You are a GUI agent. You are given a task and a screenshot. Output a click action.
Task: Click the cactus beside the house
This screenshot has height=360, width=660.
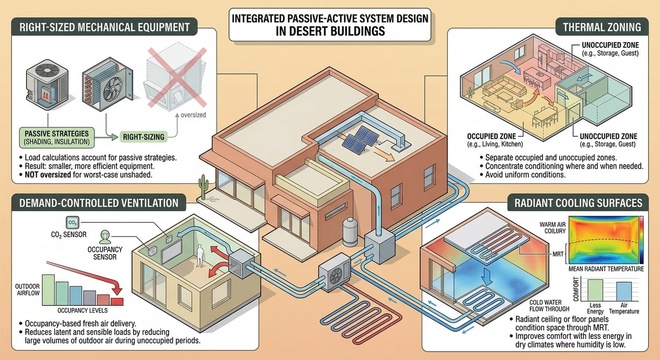point(203,187)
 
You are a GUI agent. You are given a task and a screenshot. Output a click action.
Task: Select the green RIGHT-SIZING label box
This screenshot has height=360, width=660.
point(144,137)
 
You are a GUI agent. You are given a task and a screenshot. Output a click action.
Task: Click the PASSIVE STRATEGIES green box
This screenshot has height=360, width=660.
point(57,138)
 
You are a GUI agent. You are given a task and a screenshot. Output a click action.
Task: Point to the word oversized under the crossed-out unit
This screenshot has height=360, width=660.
point(193,115)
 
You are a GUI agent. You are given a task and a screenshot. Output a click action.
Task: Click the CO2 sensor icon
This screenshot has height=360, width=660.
point(73,223)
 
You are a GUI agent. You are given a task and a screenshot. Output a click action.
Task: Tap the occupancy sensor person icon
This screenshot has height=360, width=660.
point(105,237)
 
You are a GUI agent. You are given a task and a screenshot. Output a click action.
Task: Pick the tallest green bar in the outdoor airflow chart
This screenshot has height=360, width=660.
point(49,290)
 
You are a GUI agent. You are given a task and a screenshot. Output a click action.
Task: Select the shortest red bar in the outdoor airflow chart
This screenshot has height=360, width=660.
point(117,302)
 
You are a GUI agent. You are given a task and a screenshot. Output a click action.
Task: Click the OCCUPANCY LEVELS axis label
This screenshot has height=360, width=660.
point(82,311)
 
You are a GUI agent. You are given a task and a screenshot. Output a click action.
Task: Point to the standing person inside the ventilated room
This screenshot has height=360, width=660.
point(200,255)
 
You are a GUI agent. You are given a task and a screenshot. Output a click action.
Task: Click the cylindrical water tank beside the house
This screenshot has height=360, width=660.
point(350,232)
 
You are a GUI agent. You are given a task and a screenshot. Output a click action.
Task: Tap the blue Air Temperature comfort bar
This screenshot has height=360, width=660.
point(624,292)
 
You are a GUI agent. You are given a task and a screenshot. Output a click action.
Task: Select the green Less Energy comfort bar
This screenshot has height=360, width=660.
point(595,290)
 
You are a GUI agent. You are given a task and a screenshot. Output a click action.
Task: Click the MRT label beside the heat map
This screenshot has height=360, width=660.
point(558,254)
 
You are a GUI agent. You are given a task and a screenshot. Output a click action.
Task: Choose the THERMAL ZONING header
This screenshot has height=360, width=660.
point(602,27)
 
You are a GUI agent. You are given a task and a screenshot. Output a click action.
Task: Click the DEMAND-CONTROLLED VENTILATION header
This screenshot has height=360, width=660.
point(99,203)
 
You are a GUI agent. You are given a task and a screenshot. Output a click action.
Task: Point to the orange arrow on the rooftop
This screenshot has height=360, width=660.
point(384,154)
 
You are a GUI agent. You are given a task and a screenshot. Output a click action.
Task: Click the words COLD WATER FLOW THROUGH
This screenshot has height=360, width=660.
point(549,306)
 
